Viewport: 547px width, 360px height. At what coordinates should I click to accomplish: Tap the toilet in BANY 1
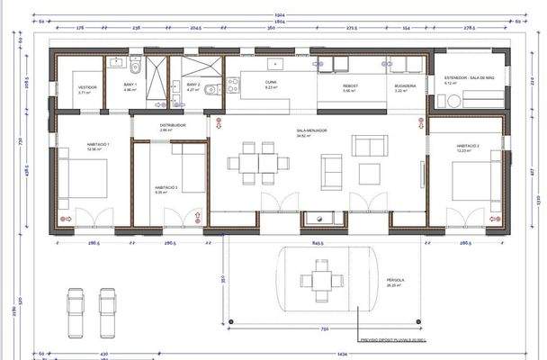click(x=135, y=67)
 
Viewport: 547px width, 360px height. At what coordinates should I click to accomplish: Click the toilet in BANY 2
click(x=209, y=88)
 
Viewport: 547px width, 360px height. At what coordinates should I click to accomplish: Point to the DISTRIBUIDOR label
click(x=173, y=125)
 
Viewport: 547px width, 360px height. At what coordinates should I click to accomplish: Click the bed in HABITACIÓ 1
click(x=85, y=177)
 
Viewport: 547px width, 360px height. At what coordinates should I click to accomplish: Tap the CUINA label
click(x=270, y=83)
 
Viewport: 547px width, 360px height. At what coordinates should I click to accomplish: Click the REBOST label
click(x=350, y=86)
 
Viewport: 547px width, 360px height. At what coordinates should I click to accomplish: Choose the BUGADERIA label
click(x=406, y=86)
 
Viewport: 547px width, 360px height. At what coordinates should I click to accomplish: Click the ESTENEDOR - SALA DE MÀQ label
click(x=470, y=79)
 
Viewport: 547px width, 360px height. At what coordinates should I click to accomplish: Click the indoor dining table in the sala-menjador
click(x=260, y=163)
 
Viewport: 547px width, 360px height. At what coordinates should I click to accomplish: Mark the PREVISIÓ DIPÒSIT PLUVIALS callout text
click(x=392, y=340)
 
